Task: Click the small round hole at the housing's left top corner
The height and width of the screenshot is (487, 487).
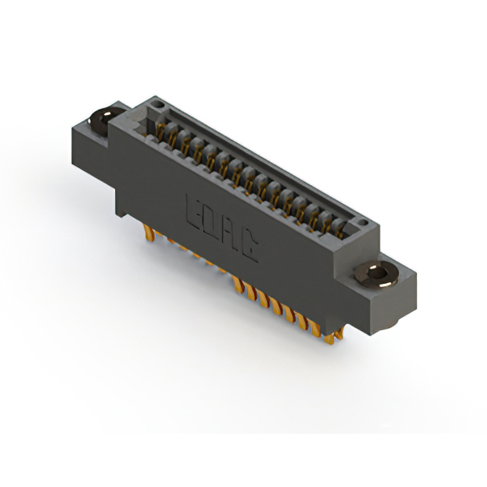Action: click(x=157, y=101)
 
